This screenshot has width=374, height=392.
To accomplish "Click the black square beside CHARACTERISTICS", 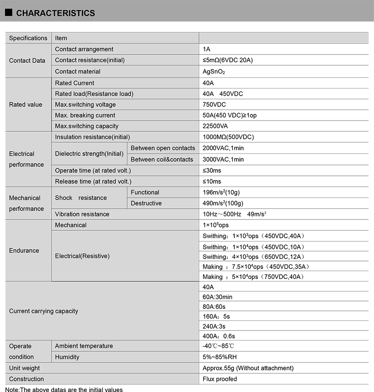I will [x=8, y=13].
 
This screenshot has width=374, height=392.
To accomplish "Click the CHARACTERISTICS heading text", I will [x=55, y=13].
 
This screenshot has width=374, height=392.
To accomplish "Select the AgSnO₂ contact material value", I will [x=214, y=71].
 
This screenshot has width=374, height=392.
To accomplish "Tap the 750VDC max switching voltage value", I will [x=214, y=105].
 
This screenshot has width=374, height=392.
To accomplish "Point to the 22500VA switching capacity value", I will [x=215, y=126].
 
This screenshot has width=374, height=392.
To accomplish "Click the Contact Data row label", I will [x=27, y=61].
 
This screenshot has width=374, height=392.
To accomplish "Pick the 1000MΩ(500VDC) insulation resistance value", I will [x=228, y=137].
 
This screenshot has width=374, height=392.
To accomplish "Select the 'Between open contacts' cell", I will [x=162, y=148].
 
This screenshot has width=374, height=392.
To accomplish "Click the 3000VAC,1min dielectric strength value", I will [x=223, y=160].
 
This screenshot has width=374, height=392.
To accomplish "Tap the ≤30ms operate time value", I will [x=212, y=171].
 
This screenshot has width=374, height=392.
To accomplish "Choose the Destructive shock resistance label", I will [x=146, y=203].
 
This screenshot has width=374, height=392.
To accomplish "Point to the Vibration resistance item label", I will [x=82, y=214].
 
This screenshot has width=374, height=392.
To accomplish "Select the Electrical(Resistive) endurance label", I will [x=82, y=256].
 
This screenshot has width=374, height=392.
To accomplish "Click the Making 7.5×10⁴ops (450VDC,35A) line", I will [x=256, y=267].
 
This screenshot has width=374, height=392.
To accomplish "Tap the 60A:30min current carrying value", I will [x=217, y=297].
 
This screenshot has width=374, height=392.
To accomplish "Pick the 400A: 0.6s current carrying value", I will [x=219, y=336].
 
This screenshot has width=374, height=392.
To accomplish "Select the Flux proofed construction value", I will [x=220, y=379].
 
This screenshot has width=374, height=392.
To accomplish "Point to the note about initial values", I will [x=64, y=390].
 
